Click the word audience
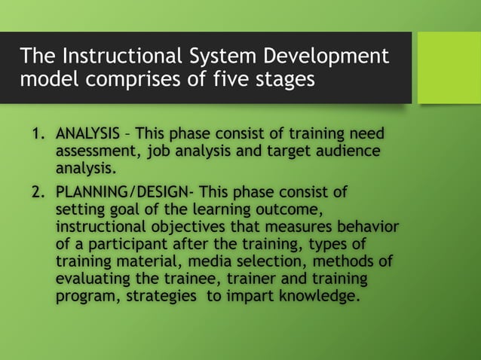(x=341, y=151)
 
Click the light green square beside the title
(x=449, y=67)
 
